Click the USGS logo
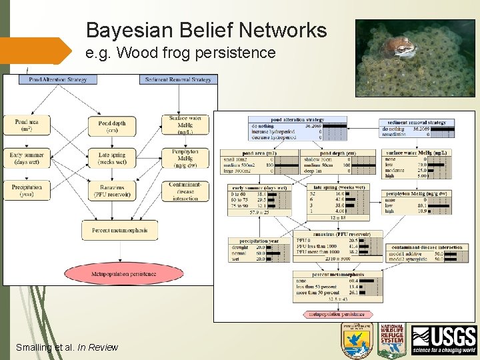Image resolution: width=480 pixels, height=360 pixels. click(444, 340)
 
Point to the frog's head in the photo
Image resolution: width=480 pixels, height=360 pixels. click(403, 46)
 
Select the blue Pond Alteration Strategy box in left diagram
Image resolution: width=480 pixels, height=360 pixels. click(59, 79)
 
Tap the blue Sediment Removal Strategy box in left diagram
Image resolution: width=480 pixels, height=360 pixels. click(178, 79)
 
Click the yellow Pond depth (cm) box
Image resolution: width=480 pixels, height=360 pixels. click(112, 126)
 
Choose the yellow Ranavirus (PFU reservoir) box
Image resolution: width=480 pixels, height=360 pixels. click(112, 191)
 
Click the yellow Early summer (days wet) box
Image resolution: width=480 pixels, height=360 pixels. click(26, 158)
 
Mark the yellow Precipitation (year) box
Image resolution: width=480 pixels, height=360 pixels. click(26, 191)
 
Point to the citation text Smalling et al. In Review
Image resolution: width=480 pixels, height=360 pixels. click(66, 347)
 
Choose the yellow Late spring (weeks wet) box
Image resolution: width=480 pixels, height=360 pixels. click(112, 158)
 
